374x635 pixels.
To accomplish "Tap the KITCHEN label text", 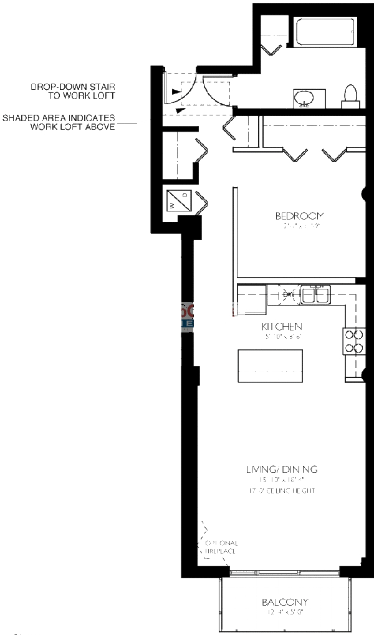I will pos(282,327).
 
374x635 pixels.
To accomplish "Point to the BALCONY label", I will pos(285,603).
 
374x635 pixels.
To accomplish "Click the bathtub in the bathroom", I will pos(326,35).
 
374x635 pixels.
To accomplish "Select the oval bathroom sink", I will pos(305,97).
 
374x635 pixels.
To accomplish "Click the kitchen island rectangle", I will pos(271,367).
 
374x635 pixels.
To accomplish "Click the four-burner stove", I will pos(353,342).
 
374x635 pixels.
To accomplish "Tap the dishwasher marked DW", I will pos(289,294).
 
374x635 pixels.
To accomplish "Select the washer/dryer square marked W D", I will pos(178,201).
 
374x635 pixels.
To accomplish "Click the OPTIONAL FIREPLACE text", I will pos(219,548).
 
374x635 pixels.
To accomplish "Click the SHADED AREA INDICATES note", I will pos(59,117).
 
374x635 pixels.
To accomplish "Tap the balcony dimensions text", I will pos(285,614).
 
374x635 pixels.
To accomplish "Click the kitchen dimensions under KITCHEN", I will pos(282,336).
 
